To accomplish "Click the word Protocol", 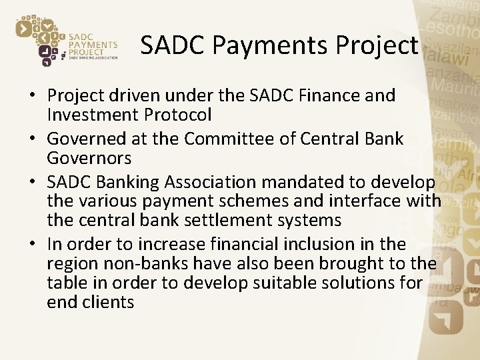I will (180, 115).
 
